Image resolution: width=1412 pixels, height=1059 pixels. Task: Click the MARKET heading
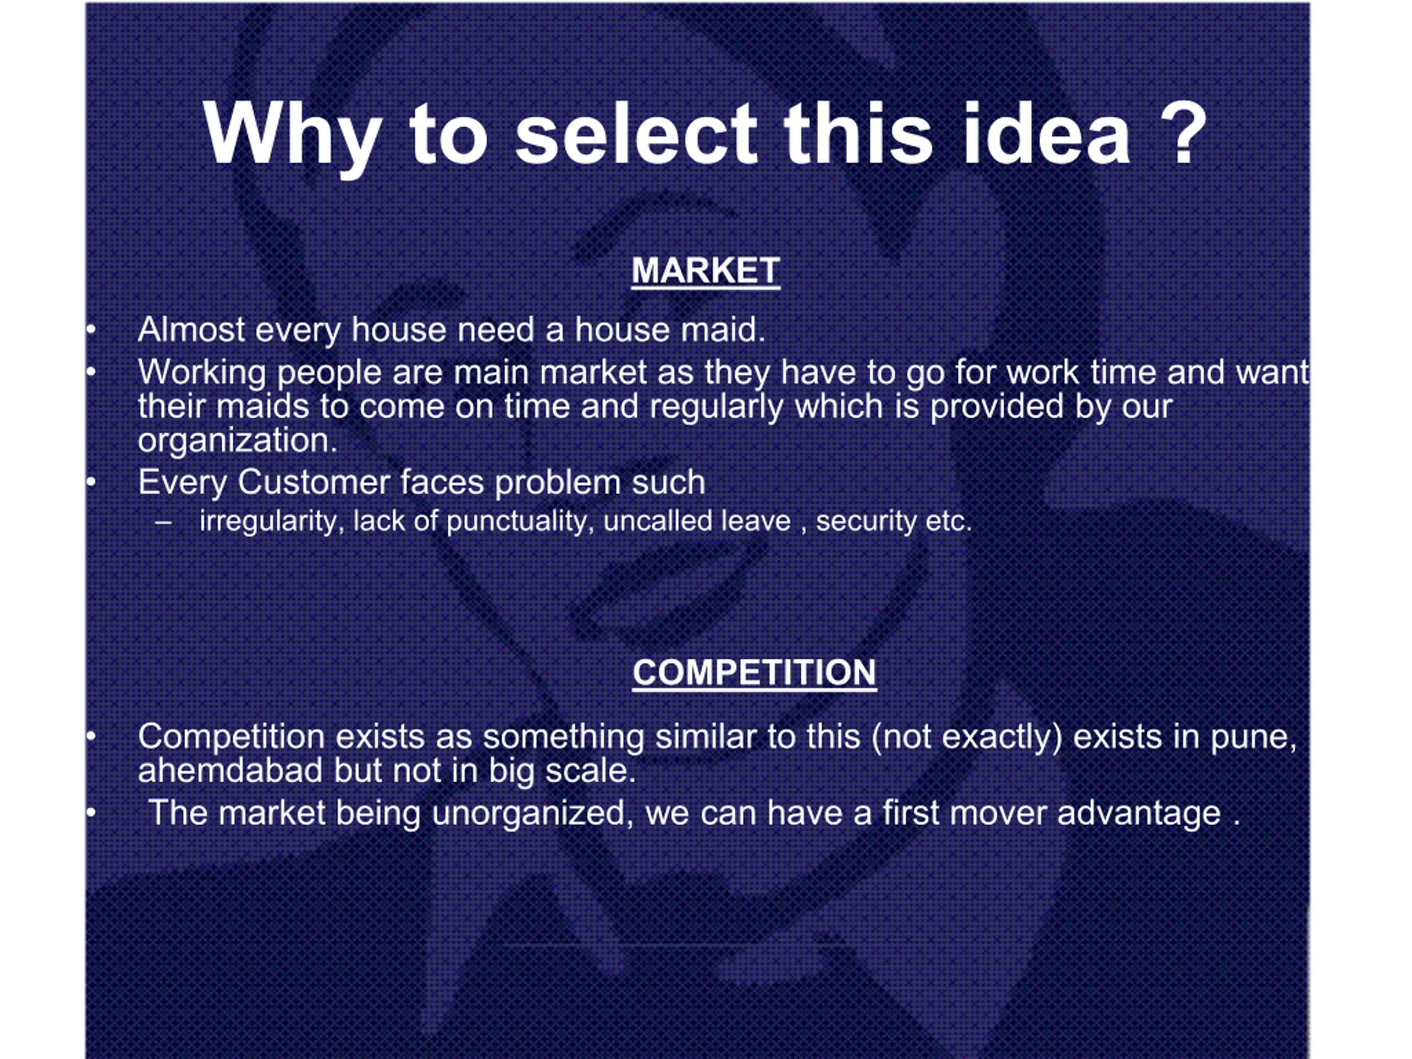point(705,271)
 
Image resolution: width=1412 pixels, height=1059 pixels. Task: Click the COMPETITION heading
point(755,672)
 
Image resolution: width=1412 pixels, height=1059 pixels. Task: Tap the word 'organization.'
point(238,441)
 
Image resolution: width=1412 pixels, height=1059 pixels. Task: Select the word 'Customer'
point(313,482)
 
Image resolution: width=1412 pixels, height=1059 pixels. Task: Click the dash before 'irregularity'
point(163,523)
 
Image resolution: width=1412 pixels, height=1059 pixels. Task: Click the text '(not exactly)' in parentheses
point(967,737)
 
